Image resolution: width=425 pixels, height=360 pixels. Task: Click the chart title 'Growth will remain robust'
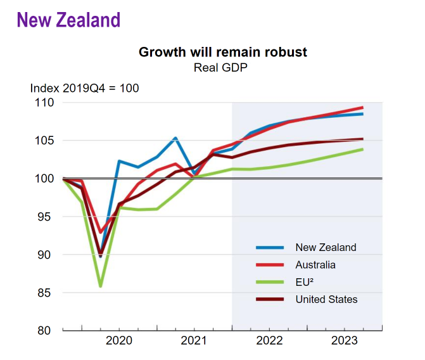(x=223, y=52)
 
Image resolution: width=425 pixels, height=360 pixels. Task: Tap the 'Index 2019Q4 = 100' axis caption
(x=84, y=88)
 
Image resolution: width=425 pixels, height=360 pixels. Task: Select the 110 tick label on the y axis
(x=44, y=103)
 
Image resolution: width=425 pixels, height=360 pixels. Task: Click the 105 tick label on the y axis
(x=44, y=141)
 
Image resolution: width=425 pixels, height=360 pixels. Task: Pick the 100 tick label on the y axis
(x=44, y=179)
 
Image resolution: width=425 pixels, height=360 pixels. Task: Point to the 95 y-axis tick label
(x=47, y=217)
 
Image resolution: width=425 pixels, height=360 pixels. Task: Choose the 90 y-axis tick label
(x=47, y=255)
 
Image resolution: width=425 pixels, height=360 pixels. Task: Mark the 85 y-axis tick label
(x=47, y=293)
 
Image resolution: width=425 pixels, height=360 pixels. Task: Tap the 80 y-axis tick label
(x=47, y=331)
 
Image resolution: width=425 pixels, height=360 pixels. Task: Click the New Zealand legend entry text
(x=326, y=248)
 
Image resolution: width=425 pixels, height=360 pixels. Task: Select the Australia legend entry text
(x=315, y=265)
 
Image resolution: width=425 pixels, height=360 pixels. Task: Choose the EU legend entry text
(x=305, y=282)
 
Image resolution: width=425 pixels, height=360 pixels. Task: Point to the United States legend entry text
(x=326, y=299)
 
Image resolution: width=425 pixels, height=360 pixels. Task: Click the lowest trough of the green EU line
(x=101, y=286)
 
